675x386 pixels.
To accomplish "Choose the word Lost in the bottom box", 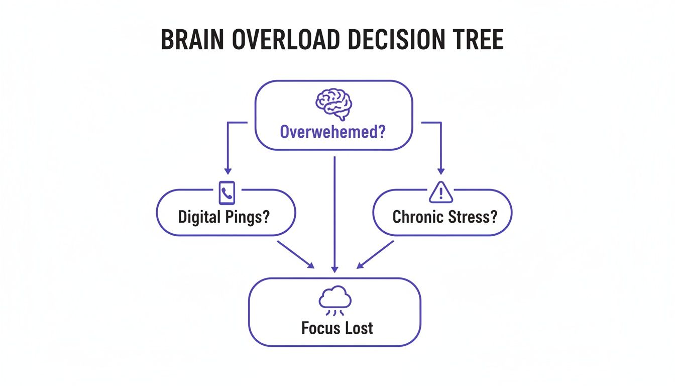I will pos(358,328).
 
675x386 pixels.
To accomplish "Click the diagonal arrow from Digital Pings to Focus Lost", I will pos(296,254).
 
